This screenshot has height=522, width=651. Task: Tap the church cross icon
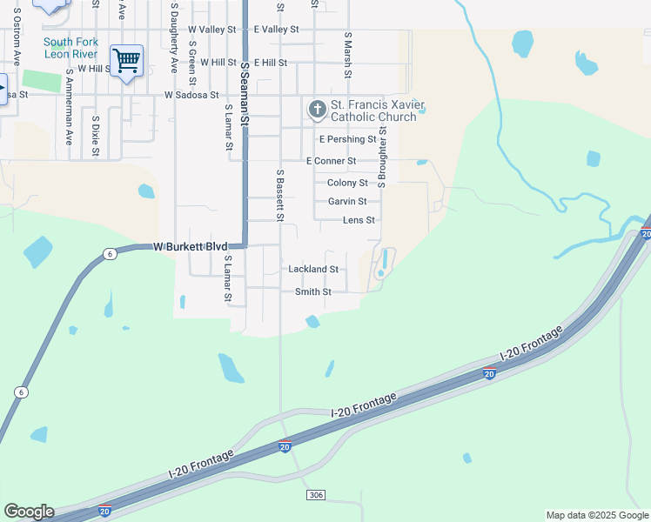[x=318, y=110]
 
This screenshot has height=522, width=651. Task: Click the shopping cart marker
[x=127, y=62]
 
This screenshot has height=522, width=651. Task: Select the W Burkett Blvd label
[x=190, y=247]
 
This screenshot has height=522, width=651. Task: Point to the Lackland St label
[x=313, y=270]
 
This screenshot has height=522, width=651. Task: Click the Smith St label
[x=313, y=292]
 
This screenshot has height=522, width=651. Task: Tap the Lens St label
[x=359, y=221]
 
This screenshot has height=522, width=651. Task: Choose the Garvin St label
[x=347, y=202]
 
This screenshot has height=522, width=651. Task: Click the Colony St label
[x=347, y=183]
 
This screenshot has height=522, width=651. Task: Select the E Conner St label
[x=331, y=161]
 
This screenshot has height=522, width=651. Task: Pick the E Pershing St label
[x=347, y=139]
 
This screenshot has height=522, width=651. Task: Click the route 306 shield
[x=316, y=495]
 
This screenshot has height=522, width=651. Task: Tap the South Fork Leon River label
[x=71, y=48]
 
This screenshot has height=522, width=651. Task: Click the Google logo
[x=29, y=512]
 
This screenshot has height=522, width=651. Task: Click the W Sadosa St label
[x=191, y=94]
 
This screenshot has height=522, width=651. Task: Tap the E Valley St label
[x=276, y=30]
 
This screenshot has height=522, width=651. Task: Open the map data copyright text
[x=596, y=515]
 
